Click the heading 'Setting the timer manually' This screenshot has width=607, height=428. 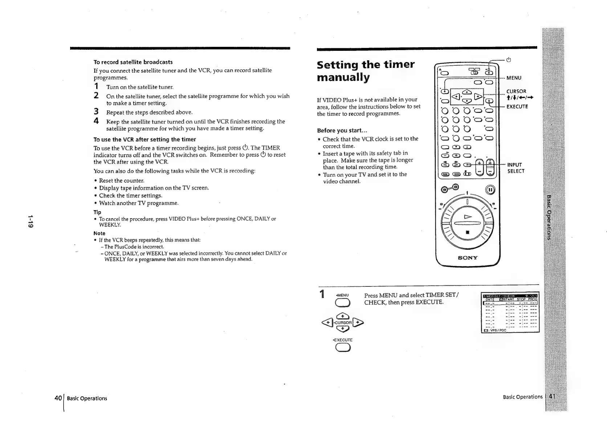365,71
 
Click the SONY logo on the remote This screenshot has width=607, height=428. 468,258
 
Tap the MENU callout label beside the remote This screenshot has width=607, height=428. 514,78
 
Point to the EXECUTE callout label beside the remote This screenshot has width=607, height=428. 517,106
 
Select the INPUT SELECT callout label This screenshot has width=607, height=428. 515,168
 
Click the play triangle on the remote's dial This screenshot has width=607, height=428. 468,217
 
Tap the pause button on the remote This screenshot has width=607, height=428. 489,189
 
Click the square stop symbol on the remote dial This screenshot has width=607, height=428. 468,232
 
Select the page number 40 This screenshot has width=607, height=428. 58,398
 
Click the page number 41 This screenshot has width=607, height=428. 552,396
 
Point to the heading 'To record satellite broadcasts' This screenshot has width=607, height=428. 133,62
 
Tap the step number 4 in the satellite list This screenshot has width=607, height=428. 96,121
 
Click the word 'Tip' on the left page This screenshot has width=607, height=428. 97,212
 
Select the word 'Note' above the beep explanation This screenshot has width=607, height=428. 99,233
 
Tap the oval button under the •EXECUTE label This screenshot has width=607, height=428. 343,348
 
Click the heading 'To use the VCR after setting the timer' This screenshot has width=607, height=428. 144,139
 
